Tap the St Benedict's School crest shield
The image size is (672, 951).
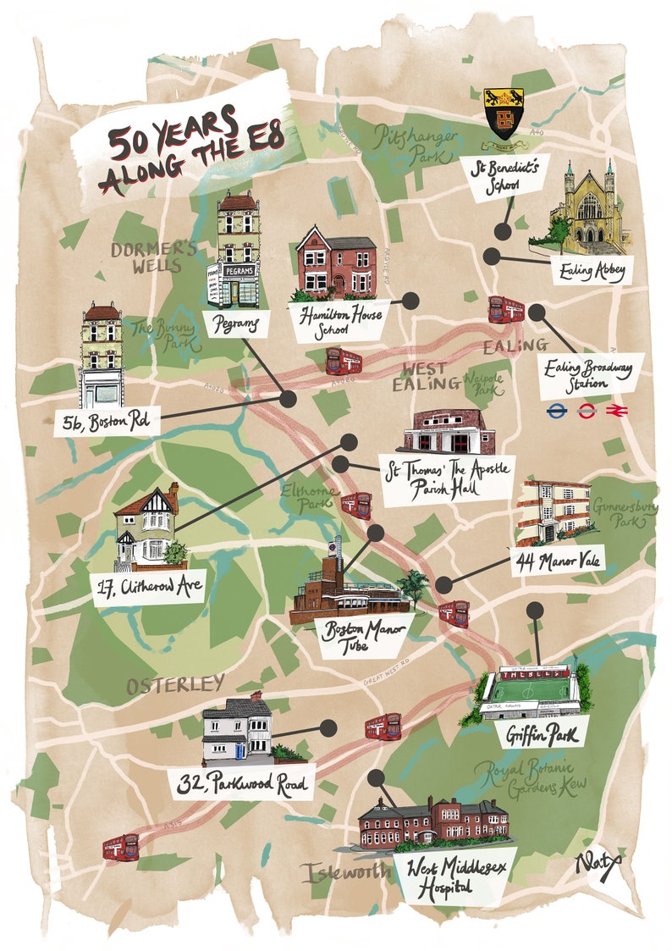(x=503, y=113)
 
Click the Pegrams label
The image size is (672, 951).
(x=236, y=323)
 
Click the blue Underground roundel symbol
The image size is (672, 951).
(x=556, y=412)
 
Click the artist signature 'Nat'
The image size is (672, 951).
(x=598, y=864)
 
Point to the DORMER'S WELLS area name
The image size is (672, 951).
(x=144, y=257)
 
